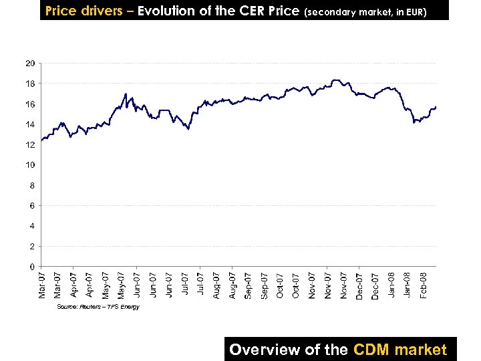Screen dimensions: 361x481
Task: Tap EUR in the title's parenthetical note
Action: pyautogui.click(x=414, y=12)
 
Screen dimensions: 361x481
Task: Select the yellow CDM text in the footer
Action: pyautogui.click(x=371, y=349)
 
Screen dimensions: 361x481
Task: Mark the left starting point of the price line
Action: pyautogui.click(x=41, y=140)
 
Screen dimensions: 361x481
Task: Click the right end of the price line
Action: pyautogui.click(x=436, y=107)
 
